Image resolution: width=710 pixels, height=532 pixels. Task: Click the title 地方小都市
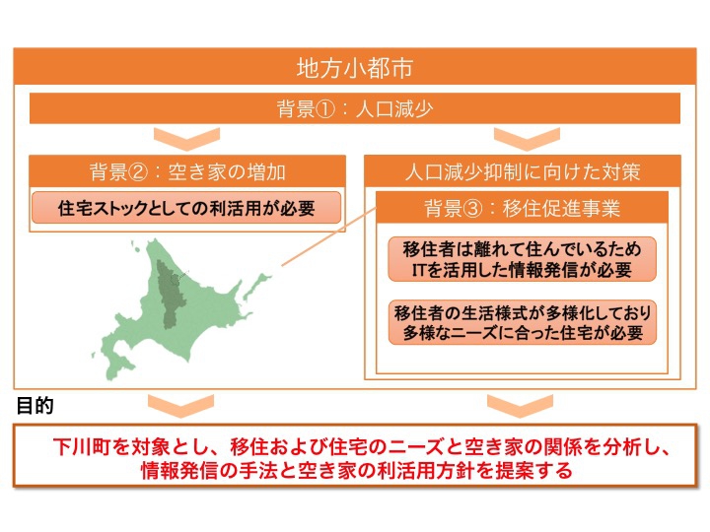coord(355,68)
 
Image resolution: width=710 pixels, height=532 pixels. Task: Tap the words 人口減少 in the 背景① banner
coord(394,109)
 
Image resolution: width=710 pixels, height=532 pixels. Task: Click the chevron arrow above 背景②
coord(187,139)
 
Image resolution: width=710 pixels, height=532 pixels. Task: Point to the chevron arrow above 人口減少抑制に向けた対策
coord(527,139)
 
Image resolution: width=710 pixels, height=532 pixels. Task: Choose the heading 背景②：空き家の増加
coord(187,171)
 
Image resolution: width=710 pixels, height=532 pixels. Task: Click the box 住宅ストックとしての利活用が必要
coord(186,208)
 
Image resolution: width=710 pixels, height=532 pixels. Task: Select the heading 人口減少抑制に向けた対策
coord(523,171)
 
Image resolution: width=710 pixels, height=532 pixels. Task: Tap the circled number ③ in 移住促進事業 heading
coord(473,209)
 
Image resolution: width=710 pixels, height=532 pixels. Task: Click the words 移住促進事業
coord(561,209)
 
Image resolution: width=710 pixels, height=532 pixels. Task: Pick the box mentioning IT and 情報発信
coord(522,259)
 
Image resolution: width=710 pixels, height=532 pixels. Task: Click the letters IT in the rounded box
coord(418,270)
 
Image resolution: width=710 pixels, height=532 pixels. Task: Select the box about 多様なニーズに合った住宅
coord(522,322)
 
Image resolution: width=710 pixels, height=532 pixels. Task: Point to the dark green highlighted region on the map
coord(170,294)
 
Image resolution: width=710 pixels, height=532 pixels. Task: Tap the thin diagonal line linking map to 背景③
coord(329,236)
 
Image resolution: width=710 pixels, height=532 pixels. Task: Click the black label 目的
coord(35,406)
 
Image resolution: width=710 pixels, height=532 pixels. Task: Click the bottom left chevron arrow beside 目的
coord(180,405)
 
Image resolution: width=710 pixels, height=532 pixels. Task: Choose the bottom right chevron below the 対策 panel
coord(521,405)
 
